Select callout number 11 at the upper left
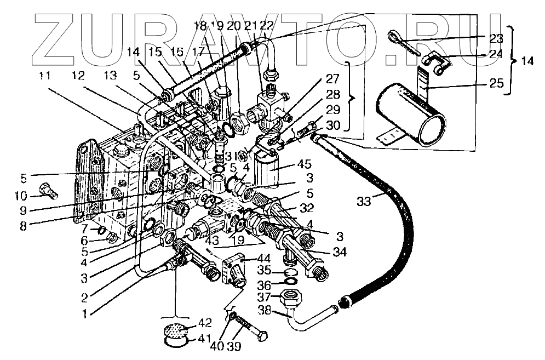46,76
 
